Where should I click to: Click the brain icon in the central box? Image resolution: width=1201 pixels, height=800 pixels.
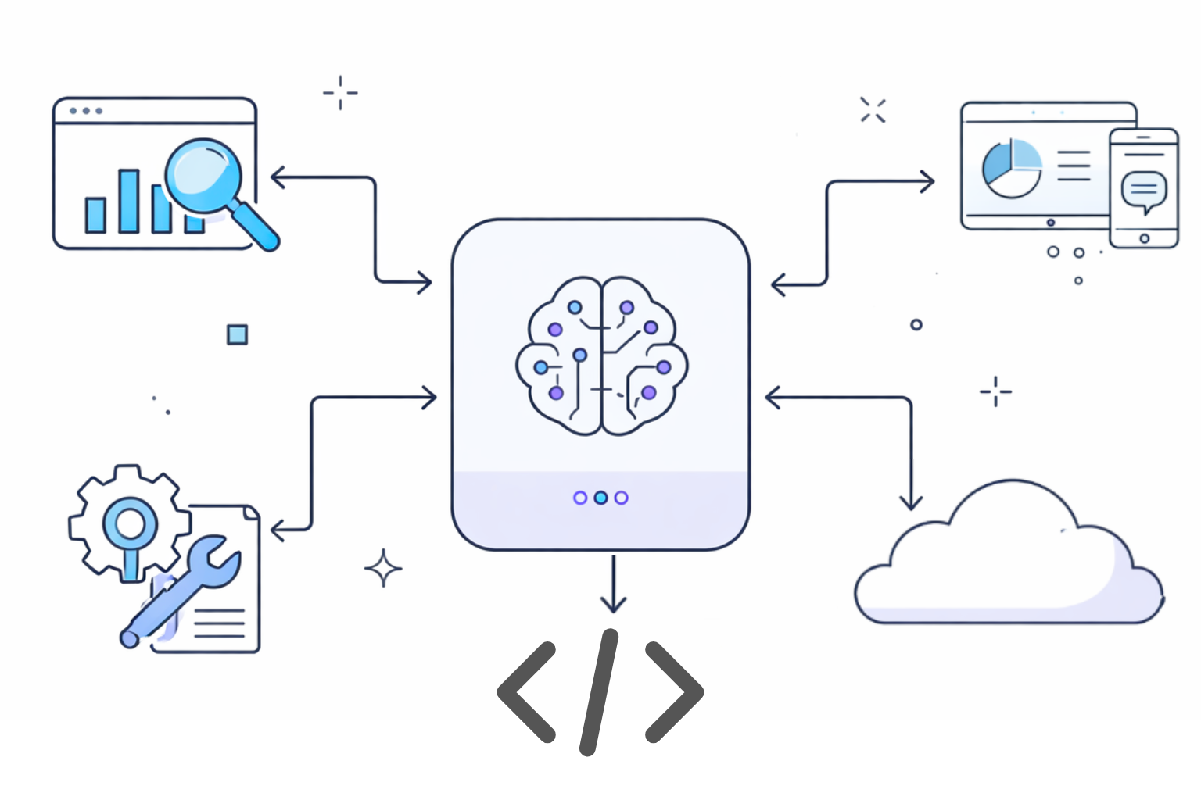coord(601,355)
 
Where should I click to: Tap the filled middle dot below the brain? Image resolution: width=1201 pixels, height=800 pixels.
coord(600,498)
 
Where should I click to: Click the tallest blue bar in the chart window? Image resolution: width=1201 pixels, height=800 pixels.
coord(129,201)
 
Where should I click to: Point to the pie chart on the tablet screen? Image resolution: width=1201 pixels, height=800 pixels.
coord(1012,169)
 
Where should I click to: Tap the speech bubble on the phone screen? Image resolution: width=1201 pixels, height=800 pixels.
coord(1144,190)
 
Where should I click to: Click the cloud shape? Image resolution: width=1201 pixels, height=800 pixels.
coord(1009,562)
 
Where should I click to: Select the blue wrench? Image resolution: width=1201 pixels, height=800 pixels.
coord(185,587)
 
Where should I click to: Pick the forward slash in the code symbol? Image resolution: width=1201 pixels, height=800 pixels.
coord(599,692)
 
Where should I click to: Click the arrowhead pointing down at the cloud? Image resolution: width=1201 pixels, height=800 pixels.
coord(911,502)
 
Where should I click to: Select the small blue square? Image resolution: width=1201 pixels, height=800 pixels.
coord(237,334)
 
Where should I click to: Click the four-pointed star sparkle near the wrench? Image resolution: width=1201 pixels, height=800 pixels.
coord(383,568)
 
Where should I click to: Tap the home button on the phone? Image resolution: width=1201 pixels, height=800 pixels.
coord(1144,238)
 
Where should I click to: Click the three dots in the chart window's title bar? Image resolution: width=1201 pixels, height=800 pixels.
coord(86,111)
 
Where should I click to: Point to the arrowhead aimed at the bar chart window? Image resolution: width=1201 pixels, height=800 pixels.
coord(277,177)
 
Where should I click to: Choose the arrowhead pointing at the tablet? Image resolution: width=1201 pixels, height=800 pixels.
coord(927,182)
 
